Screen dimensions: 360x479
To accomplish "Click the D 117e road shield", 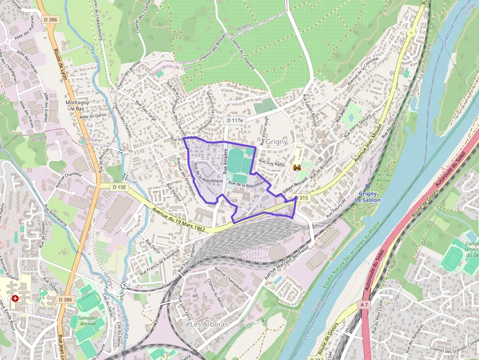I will (x=235, y=120).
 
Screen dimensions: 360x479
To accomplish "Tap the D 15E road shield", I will (x=119, y=187).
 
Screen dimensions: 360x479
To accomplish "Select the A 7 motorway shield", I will (x=363, y=304).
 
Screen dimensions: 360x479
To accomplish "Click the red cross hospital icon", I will (x=15, y=298).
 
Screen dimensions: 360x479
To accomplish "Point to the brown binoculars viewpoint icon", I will (x=297, y=168).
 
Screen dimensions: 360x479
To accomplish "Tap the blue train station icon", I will (x=367, y=186).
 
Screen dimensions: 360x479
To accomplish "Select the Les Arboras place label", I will (x=209, y=324).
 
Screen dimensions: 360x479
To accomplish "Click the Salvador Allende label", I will (x=88, y=321).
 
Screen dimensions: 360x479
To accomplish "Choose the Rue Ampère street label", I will (x=226, y=160).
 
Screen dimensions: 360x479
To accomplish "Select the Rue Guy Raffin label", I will (x=272, y=164).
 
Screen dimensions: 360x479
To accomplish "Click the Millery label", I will (x=243, y=29).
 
